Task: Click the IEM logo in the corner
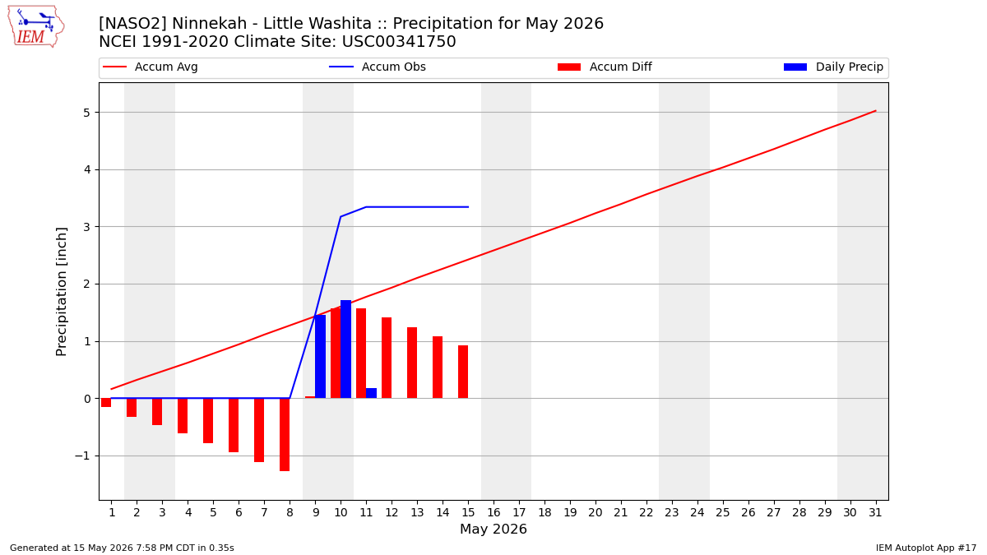[x=35, y=27]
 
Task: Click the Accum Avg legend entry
[x=151, y=67]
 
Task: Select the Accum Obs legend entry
[x=378, y=67]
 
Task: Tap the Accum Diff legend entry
[x=605, y=67]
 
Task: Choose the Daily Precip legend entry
[x=833, y=67]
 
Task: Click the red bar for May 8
[x=285, y=435]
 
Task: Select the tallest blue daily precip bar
[x=346, y=349]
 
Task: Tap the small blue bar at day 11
[x=372, y=393]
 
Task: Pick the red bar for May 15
[x=463, y=372]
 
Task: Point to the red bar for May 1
[x=106, y=403]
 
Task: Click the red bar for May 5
[x=208, y=421]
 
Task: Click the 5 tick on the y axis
[x=86, y=113]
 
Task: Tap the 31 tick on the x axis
[x=875, y=512]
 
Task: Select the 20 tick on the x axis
[x=595, y=512]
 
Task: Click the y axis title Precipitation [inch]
[x=61, y=292]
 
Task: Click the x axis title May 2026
[x=493, y=529]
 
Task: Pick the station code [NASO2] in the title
[x=132, y=23]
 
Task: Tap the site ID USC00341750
[x=399, y=42]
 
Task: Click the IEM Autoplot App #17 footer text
[x=926, y=548]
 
